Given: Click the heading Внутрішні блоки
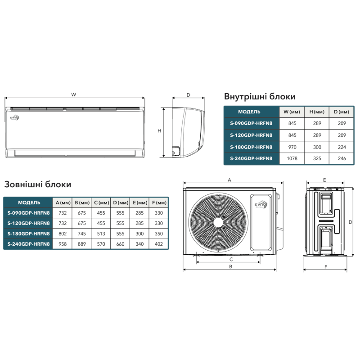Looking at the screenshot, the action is coord(260,96).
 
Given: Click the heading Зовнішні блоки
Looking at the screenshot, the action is coord(38,184).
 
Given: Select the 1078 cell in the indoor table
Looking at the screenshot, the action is coord(292,158).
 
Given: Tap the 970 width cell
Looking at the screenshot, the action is coord(292,147).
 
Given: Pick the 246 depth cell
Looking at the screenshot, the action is coord(342,158).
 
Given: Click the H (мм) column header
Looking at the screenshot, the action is coord(317,112).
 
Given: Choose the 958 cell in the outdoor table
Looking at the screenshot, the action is coord(63,244).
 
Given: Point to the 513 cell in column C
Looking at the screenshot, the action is coord(101,234).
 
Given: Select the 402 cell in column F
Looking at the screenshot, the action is coord(159,244).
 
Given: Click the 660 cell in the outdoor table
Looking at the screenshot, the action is coord(120,244).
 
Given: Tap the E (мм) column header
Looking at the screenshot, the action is coord(140,203).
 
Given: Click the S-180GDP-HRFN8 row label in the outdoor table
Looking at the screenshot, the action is coord(28,234).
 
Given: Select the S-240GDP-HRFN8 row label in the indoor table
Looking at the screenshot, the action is coord(251,158).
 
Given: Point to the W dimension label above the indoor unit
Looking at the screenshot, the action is coord(73,94).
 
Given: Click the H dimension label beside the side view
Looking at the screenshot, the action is coord(159,131).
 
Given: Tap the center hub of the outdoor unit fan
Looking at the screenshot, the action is coord(218,222).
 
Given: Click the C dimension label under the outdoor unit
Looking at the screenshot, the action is coord(231,260).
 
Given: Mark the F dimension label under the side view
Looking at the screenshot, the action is coord(326,267).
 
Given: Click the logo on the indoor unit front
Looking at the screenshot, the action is coord(14,117).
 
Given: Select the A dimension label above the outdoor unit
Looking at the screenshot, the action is coord(229,180).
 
